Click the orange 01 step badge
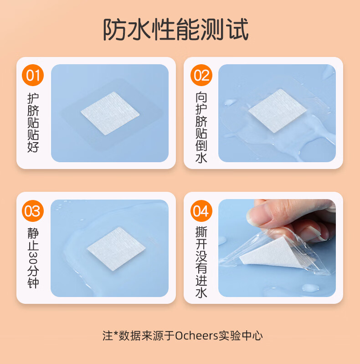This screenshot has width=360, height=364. tap(33, 75)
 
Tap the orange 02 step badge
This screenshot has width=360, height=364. tap(201, 75)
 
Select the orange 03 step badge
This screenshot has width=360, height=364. tap(33, 211)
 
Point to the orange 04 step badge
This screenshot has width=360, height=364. tap(201, 211)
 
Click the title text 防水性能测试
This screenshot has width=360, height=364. tap(176, 30)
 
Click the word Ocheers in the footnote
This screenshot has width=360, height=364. tap(196, 336)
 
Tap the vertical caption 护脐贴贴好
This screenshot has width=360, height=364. tap(33, 123)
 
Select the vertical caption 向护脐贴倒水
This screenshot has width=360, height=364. tap(201, 127)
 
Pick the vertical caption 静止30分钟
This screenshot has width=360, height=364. tap(33, 258)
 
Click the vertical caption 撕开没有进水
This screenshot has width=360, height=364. tap(201, 262)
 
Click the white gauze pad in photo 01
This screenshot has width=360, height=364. tap(110, 113)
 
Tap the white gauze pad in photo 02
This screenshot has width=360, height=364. tap(278, 111)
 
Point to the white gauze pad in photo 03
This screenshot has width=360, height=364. tap(116, 249)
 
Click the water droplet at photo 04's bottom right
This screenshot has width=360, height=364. tap(310, 288)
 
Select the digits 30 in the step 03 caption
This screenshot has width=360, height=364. tap(33, 258)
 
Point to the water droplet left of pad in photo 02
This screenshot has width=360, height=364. tap(230, 102)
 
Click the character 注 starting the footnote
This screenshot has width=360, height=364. tap(108, 336)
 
